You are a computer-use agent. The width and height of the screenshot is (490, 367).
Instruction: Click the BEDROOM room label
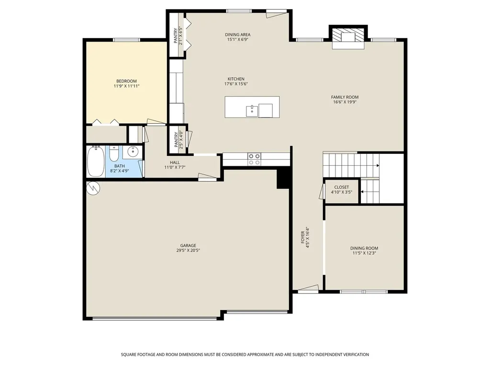126,81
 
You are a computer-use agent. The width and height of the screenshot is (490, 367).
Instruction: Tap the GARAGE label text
188,246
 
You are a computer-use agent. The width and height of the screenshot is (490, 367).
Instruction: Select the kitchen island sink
252,111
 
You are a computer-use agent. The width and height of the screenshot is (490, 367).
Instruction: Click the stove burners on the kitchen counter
254,159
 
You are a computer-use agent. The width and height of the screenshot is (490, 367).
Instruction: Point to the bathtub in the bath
96,162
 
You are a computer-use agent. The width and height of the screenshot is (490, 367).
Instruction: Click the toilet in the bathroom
114,153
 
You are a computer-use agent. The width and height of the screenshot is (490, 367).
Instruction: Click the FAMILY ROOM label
345,97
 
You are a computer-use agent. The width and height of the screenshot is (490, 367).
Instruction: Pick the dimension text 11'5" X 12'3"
364,253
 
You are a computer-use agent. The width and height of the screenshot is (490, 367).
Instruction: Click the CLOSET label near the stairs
342,187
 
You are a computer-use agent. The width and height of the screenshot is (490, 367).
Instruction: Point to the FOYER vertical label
302,237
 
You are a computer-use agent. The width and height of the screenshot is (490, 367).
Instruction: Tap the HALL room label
175,162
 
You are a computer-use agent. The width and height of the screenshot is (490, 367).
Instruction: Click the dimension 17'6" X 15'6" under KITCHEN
236,84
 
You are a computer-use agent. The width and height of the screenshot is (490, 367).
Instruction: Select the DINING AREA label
238,34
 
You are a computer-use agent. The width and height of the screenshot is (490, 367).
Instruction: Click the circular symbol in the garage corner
93,188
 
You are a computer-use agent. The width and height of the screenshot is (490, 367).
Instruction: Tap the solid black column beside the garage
284,178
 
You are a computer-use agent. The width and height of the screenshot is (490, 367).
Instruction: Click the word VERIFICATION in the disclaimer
356,355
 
